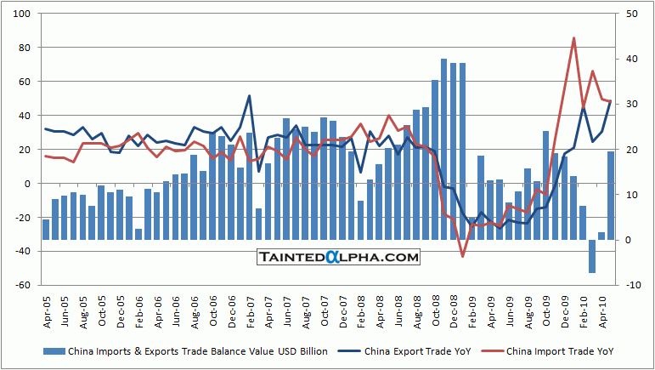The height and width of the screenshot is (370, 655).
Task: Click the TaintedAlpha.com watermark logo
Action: point(338,257)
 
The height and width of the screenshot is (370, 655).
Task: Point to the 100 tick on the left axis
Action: point(23,14)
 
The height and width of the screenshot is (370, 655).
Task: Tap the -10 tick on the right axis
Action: point(632,286)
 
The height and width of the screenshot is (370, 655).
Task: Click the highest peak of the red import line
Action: point(573,38)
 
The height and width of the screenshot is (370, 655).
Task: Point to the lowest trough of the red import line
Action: point(462,256)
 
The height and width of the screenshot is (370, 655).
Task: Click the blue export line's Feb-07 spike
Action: point(250,95)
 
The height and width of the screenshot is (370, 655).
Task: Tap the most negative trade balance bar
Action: point(592,256)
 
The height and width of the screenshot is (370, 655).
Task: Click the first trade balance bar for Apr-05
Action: point(46,230)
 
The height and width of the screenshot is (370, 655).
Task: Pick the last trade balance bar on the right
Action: point(610,196)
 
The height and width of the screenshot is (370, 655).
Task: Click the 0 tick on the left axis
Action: point(27,184)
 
